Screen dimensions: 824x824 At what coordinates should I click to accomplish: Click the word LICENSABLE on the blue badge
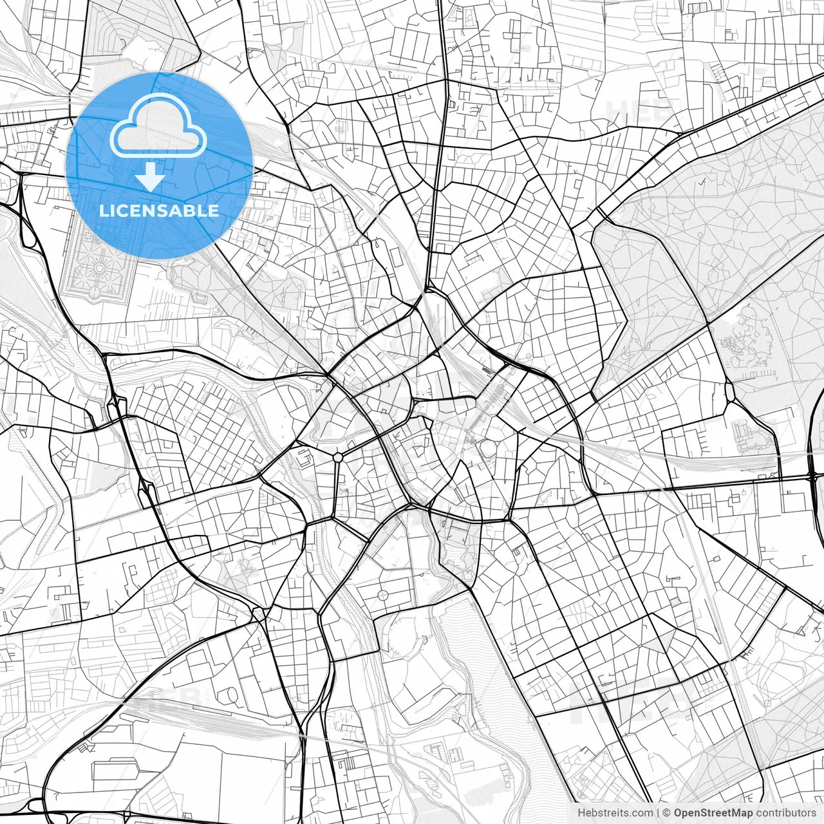(x=159, y=211)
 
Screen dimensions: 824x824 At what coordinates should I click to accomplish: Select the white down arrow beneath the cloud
(x=151, y=176)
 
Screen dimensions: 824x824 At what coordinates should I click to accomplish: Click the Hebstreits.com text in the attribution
(x=615, y=813)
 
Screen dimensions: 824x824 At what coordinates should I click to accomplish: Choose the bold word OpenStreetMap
(x=713, y=813)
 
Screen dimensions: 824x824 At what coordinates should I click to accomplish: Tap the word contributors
(x=786, y=813)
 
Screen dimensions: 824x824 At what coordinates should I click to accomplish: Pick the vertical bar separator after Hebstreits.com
(x=657, y=813)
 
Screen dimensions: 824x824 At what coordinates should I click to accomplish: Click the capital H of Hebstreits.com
(x=581, y=813)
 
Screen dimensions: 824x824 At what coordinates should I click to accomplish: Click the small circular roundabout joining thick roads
(x=337, y=457)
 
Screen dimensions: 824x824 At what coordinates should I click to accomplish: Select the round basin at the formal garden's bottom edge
(x=95, y=294)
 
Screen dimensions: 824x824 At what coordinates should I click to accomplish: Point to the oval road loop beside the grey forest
(x=730, y=391)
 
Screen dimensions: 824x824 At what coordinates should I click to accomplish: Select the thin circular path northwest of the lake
(x=384, y=594)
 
